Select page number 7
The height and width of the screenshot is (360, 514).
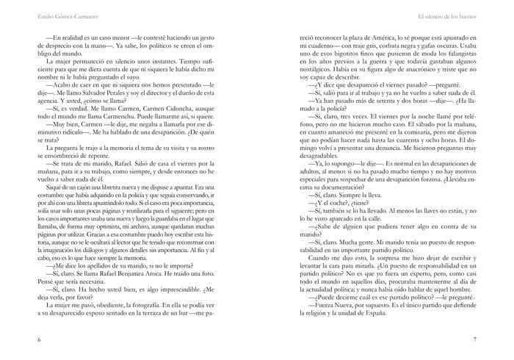point(475,339)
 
